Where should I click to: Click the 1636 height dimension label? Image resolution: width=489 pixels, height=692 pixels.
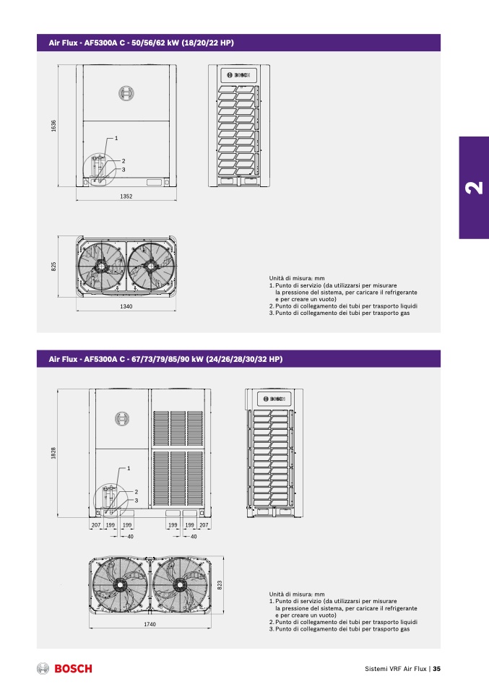click(x=54, y=126)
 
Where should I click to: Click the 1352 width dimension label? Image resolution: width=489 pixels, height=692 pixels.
click(x=126, y=196)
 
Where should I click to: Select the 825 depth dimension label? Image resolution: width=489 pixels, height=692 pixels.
click(x=54, y=267)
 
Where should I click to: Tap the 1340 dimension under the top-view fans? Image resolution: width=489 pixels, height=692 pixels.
click(x=126, y=306)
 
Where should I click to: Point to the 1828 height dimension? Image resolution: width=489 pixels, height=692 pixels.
click(x=54, y=453)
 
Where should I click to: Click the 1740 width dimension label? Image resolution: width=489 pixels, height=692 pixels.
click(x=150, y=625)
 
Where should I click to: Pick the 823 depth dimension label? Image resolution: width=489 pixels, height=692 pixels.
click(x=220, y=585)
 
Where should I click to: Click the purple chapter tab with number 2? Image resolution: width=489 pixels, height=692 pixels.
click(x=474, y=188)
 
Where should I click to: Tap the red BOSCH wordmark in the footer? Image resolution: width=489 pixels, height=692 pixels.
click(x=73, y=669)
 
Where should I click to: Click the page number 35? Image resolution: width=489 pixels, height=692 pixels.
click(x=436, y=669)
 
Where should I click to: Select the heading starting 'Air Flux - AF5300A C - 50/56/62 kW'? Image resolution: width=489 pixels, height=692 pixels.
click(x=142, y=43)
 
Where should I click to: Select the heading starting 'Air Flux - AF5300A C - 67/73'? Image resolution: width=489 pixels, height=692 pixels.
click(x=165, y=359)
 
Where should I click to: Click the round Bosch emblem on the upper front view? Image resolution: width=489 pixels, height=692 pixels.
click(x=126, y=93)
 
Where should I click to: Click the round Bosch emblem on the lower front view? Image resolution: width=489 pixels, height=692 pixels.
click(x=122, y=418)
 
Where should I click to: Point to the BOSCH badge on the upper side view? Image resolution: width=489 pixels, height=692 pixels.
click(x=239, y=75)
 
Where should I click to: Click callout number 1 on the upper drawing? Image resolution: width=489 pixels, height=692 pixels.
click(x=116, y=138)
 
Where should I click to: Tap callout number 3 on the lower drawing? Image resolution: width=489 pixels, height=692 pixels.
click(x=137, y=501)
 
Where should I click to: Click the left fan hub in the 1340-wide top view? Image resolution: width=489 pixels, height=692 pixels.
click(x=101, y=266)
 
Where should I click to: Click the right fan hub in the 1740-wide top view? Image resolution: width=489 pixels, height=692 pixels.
click(x=180, y=585)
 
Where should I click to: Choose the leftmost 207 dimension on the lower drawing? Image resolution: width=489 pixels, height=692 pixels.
click(x=96, y=525)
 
